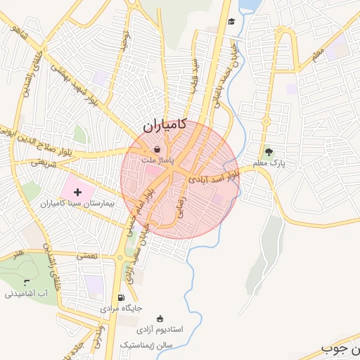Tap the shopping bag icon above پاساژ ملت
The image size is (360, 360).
[x=156, y=148]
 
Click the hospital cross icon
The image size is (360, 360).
[x=77, y=192]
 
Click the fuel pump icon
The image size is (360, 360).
[x=122, y=297]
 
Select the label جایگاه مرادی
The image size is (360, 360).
[x=122, y=308]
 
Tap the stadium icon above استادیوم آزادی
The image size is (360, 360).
[x=160, y=318]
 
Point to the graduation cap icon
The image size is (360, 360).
[x=231, y=21]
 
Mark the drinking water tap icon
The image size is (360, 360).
[x=27, y=283]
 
